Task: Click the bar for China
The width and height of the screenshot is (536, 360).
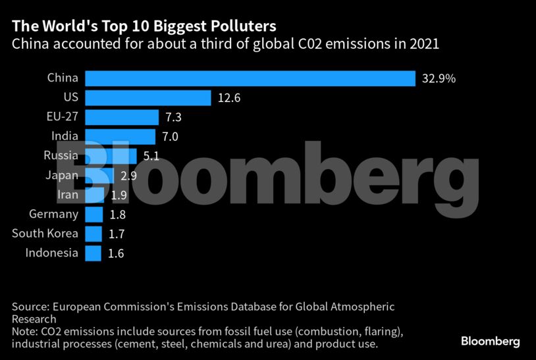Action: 250,78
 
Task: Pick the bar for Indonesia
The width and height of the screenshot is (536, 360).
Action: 93,253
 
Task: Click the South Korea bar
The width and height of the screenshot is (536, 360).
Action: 94,234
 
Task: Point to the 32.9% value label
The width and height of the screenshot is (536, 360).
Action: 439,79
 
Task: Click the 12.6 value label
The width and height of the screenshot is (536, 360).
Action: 228,98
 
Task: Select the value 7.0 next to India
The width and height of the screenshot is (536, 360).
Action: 170,137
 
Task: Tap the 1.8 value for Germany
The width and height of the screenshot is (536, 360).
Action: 118,215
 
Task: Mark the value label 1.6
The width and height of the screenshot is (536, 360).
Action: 116,253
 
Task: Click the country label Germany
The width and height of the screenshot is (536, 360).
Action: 54,214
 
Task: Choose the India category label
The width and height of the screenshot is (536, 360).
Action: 65,136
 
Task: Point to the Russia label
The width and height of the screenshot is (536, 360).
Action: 61,156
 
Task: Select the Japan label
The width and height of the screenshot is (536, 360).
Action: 62,175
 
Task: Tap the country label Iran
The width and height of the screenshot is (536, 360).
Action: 68,195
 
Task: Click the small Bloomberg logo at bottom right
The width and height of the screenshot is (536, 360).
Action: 490,341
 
